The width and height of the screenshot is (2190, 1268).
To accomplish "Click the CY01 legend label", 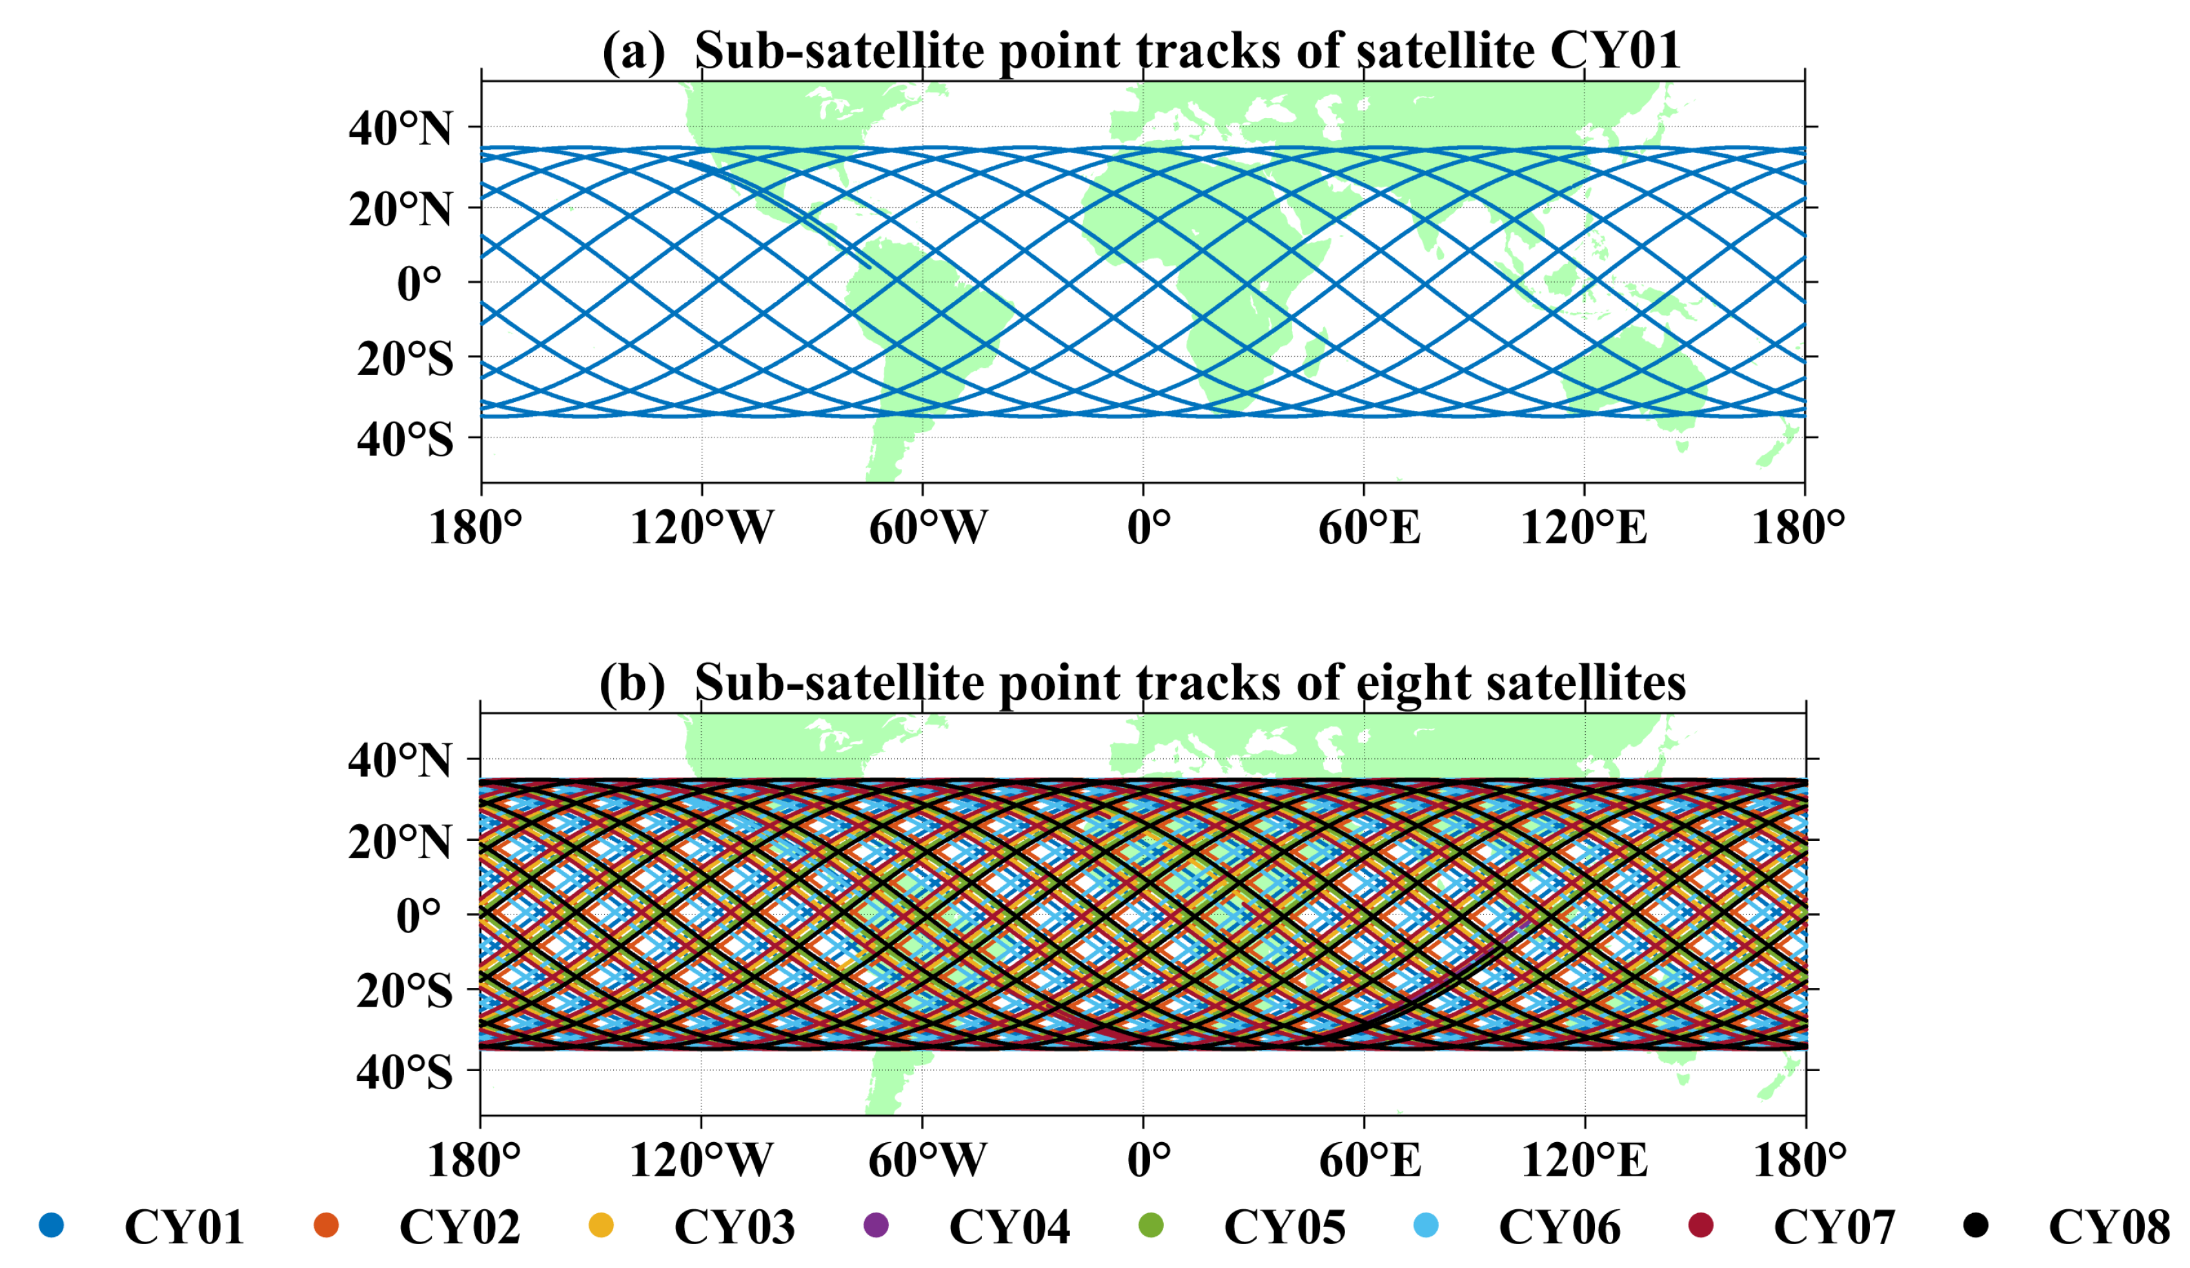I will (x=184, y=1227).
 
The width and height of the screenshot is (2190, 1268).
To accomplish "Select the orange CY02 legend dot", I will (x=326, y=1225).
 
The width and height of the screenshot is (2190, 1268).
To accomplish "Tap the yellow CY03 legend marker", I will (x=600, y=1225).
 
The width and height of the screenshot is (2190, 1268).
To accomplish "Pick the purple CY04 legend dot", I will (x=876, y=1225).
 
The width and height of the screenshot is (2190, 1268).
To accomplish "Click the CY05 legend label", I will (x=1284, y=1227).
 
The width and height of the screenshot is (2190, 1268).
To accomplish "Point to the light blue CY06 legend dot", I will (x=1426, y=1225).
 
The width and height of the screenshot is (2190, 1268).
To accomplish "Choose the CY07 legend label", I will (x=1834, y=1227).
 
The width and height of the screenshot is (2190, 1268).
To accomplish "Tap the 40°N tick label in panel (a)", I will (x=401, y=130).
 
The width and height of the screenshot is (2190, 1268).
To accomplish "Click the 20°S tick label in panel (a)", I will (x=405, y=359).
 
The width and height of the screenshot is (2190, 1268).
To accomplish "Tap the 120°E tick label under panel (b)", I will (x=1583, y=1160).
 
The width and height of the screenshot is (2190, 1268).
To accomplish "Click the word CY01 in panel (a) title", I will (x=1615, y=50).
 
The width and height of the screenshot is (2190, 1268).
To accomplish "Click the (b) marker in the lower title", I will (x=632, y=683).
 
